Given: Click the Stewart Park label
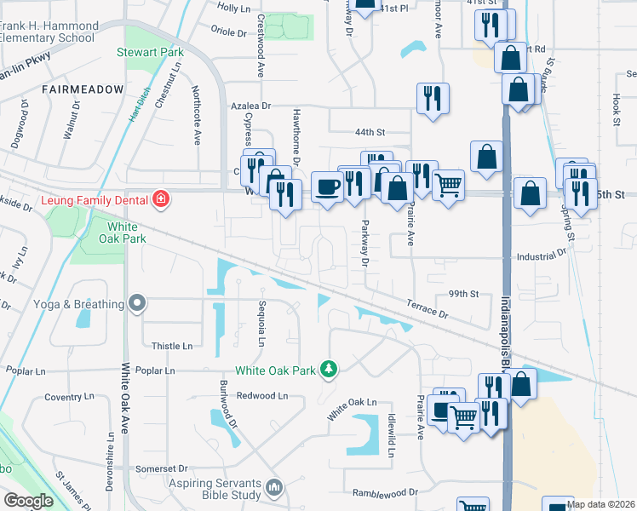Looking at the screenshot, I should point(150,52).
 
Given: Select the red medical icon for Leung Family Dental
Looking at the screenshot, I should point(160,200).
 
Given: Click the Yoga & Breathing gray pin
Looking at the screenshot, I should point(135,304).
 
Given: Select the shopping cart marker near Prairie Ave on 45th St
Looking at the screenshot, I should point(448,184).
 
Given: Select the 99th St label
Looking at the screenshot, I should point(464,293).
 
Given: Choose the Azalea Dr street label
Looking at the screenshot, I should point(250,106).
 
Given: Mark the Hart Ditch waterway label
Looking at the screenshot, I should point(139,104).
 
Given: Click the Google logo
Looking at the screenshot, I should point(29,500).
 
